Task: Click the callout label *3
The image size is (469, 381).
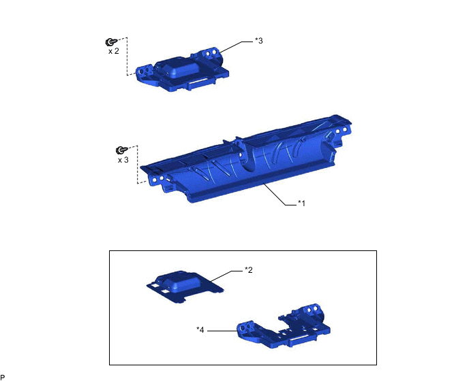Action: pyautogui.click(x=259, y=41)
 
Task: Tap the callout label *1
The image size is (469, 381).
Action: pyautogui.click(x=301, y=203)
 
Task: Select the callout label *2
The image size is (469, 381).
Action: pyautogui.click(x=249, y=270)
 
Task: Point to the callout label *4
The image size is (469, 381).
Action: pyautogui.click(x=200, y=330)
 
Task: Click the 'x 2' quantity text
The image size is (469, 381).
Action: pyautogui.click(x=114, y=51)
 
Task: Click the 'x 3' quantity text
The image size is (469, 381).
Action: pyautogui.click(x=123, y=160)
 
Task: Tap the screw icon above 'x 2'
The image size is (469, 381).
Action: pyautogui.click(x=111, y=42)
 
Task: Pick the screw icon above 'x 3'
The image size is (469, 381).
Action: pyautogui.click(x=121, y=150)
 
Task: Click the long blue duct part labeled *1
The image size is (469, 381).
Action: pyautogui.click(x=246, y=161)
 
